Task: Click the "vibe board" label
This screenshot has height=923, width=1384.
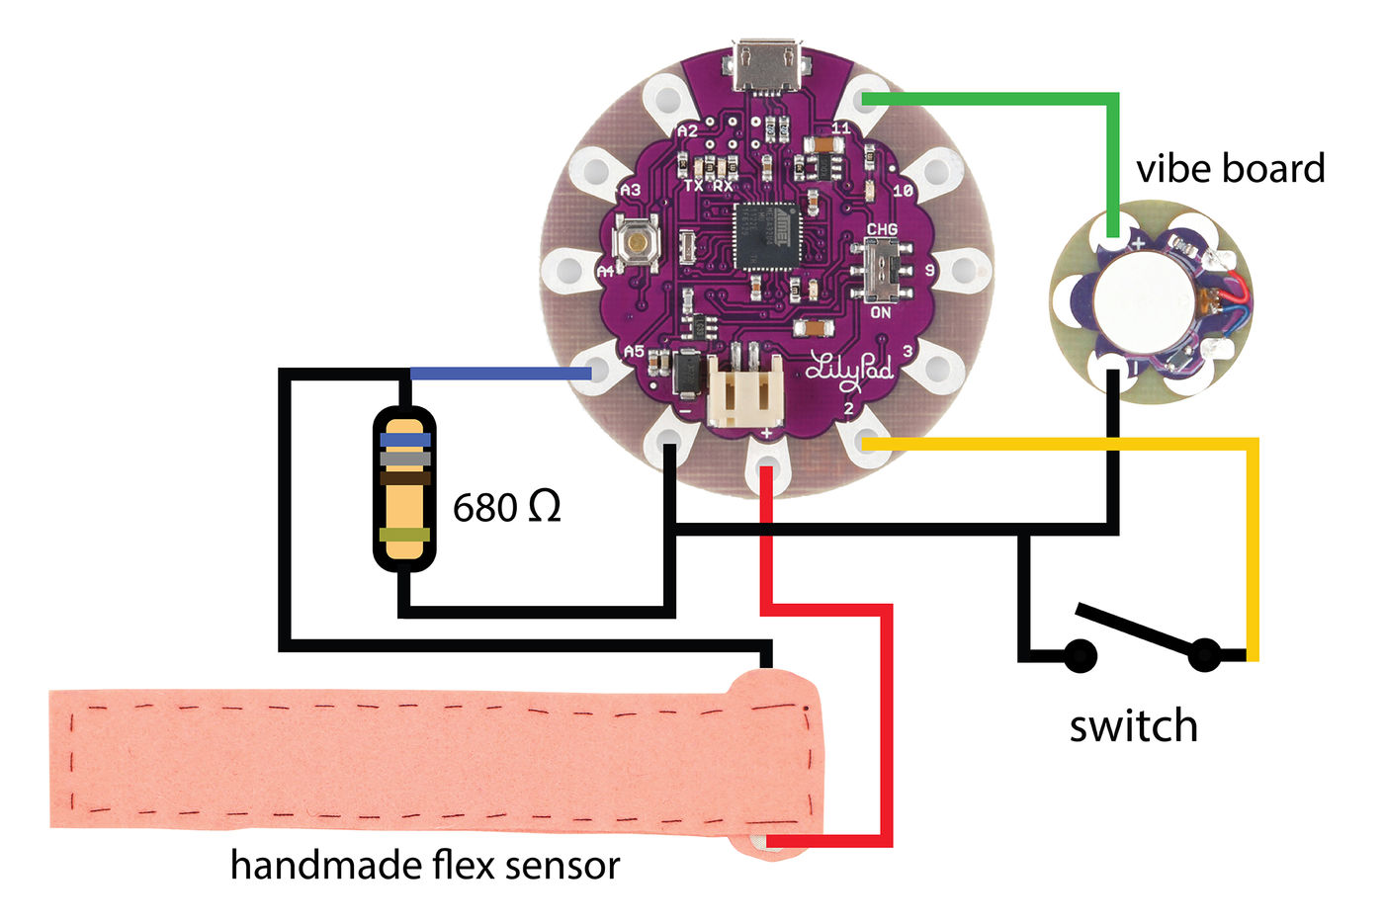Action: click(1230, 169)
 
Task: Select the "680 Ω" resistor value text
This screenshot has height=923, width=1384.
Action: click(506, 507)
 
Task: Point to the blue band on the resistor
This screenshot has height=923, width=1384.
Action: click(405, 439)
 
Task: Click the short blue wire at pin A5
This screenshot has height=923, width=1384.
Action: click(500, 374)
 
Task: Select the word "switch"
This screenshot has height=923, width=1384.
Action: click(1133, 726)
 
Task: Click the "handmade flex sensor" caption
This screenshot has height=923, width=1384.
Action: click(425, 865)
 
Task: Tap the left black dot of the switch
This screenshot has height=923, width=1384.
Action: click(1080, 654)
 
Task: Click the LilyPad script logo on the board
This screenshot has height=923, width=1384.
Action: click(849, 368)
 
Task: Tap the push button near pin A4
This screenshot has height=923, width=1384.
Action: click(638, 243)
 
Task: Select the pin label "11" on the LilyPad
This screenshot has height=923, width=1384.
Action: click(840, 127)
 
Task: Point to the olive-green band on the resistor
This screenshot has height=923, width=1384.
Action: click(405, 535)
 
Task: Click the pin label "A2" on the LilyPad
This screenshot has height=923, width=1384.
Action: click(687, 130)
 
